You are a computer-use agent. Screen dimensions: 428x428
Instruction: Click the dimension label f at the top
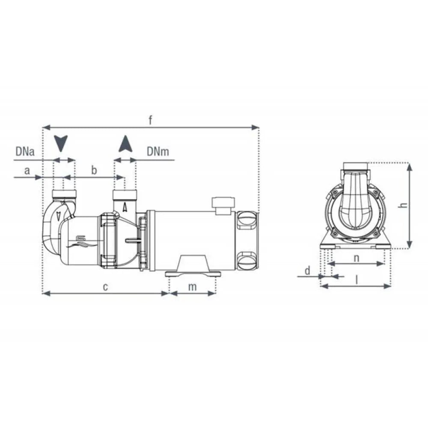coord(151,120)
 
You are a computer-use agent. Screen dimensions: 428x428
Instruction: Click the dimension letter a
coord(27,171)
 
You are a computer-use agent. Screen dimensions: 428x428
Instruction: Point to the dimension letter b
coord(95,170)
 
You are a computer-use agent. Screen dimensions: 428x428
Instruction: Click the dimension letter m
coord(193,286)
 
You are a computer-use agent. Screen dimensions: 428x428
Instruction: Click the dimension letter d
coord(307,270)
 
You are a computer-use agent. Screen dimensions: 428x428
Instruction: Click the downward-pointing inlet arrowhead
coord(62,143)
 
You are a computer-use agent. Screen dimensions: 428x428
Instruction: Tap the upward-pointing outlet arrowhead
coord(125,143)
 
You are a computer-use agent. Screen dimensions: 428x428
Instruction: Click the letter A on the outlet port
coord(125,207)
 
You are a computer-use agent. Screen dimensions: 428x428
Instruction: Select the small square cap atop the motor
coord(223,205)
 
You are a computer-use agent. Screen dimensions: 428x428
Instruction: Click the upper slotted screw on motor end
coord(247,220)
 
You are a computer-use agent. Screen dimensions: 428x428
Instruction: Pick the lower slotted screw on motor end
coord(247,259)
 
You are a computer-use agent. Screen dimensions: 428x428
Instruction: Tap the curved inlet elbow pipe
coord(51,227)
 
